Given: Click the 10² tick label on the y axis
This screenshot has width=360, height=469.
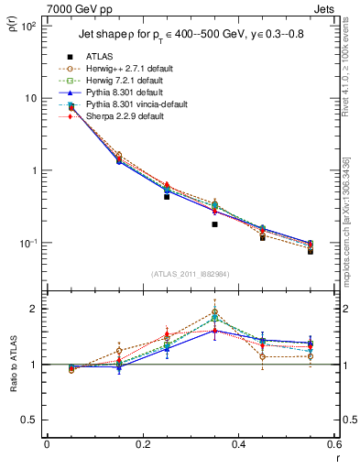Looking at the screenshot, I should click(28, 26).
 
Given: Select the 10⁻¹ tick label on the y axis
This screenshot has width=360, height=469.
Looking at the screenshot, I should click(28, 243).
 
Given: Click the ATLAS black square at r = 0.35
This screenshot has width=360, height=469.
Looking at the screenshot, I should click(214, 224).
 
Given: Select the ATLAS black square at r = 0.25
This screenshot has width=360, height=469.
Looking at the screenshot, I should click(167, 196).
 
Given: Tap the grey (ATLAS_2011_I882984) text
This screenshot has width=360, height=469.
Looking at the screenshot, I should click(191, 274).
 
